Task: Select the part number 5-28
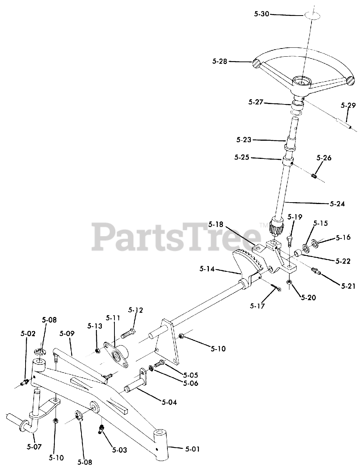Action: pos(220,61)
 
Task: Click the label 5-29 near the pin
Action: pos(348,105)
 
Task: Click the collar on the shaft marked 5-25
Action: pos(288,162)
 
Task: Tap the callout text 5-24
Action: pos(337,203)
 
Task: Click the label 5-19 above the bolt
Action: pos(294,217)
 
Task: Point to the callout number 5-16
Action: pos(343,237)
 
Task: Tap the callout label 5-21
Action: pos(348,286)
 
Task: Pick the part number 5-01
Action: pos(192,449)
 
